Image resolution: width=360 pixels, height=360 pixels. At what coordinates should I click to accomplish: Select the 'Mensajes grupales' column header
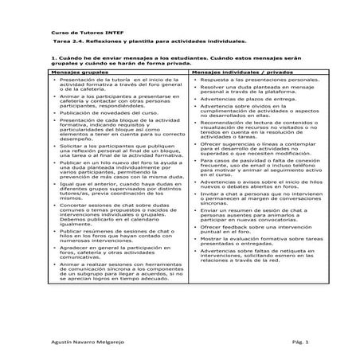(x=76, y=72)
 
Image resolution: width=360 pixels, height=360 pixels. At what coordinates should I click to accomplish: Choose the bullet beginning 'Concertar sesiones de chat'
(x=108, y=211)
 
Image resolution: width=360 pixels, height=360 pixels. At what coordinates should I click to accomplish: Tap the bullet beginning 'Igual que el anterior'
(x=108, y=189)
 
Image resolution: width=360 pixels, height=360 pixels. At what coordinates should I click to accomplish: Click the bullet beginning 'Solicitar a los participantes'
(x=108, y=151)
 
